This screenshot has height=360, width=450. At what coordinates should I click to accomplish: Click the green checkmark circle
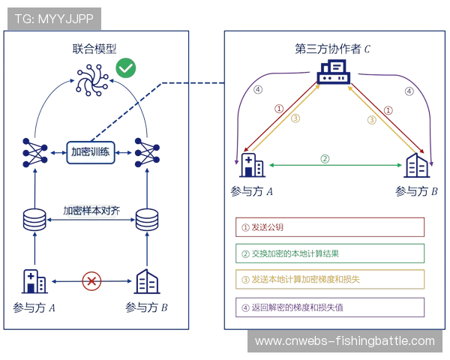coord(125,69)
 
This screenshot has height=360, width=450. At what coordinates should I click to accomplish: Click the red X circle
coord(91,282)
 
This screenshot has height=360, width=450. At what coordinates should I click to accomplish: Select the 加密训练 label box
coord(91,152)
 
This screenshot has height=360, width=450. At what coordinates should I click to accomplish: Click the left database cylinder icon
coord(33,220)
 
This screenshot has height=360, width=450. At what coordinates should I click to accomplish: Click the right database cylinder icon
coord(145,220)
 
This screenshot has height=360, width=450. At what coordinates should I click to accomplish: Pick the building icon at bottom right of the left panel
coord(146,282)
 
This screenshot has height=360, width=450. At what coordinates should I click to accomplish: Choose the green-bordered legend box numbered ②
coord(330,253)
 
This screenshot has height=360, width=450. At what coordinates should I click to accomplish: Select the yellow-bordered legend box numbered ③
coord(330,280)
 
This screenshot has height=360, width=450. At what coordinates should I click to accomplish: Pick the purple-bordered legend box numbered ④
coord(330,306)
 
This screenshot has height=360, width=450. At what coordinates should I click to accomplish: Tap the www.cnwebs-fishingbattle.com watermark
coord(344,341)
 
